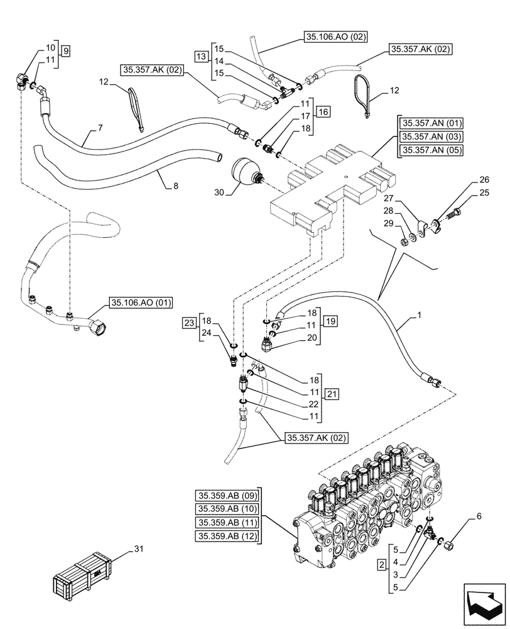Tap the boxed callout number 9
[x=67, y=48]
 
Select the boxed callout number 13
[x=200, y=57]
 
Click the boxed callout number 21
[x=332, y=393]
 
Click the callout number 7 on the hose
[x=99, y=128]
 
